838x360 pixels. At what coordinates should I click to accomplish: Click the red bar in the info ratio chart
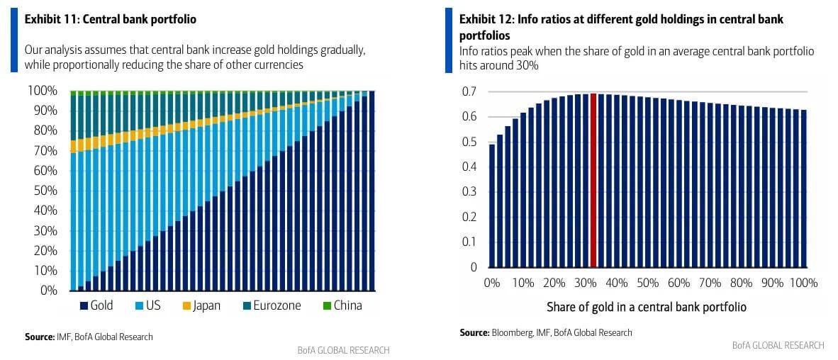pos(593,181)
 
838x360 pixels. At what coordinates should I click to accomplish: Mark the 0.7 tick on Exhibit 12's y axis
pos(469,91)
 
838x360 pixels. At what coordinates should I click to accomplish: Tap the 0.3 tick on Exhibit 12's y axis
pos(469,192)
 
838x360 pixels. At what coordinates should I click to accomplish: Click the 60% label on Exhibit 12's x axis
pos(678,283)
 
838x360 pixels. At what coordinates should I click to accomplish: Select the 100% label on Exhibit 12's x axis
pos(803,283)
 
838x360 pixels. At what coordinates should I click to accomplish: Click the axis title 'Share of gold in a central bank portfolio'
pos(646,308)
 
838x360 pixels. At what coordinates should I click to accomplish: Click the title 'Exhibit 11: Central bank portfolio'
pos(111,20)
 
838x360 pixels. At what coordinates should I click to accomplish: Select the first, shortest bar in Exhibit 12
pos(492,206)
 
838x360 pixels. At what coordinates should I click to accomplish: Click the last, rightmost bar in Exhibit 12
pos(803,189)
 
